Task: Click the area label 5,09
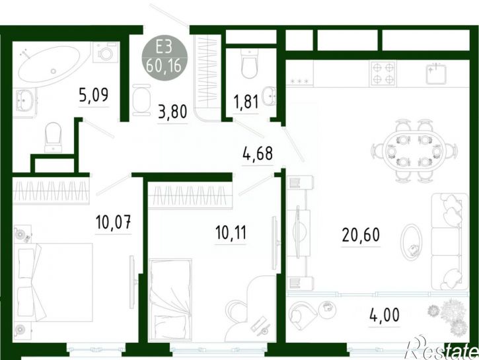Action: (93, 95)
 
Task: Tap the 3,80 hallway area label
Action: (172, 112)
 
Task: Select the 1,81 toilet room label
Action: (246, 102)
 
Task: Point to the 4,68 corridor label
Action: (258, 153)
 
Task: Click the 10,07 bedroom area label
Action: (114, 222)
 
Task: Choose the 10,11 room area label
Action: (231, 233)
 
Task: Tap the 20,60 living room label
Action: (361, 234)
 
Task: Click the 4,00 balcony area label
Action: (385, 315)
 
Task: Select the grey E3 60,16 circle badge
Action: (165, 57)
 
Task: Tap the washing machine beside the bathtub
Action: (106, 52)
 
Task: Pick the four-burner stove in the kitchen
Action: (383, 73)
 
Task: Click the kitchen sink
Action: (436, 73)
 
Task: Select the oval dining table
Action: (414, 150)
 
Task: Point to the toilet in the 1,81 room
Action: (250, 63)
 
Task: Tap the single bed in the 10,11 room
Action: (170, 299)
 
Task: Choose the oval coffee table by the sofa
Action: (411, 242)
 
